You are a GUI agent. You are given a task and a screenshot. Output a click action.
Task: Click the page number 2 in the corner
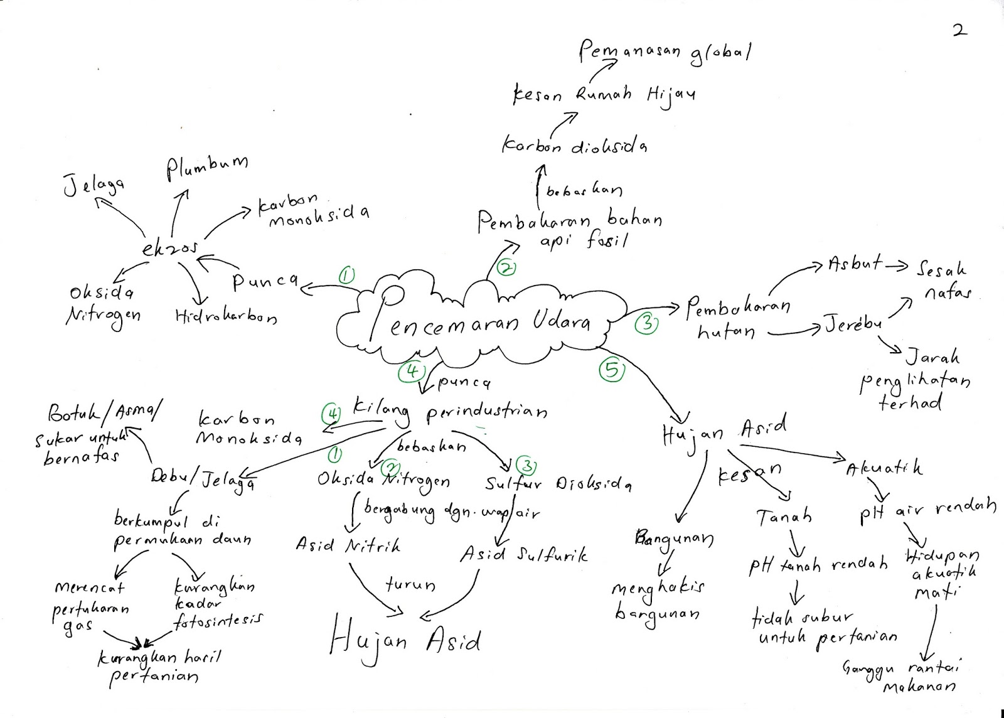959,29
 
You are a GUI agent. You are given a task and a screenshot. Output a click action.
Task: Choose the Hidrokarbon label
226,317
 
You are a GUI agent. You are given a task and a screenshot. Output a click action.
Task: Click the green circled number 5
612,370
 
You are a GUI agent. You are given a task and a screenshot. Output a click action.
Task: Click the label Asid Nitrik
347,545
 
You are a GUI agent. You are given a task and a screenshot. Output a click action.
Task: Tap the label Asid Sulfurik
524,555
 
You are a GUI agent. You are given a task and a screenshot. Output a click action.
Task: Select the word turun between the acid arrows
410,585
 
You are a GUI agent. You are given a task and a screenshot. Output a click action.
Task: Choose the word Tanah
784,517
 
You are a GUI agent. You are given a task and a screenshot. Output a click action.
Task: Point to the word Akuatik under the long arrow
884,468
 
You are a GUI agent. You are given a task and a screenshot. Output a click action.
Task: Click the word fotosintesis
216,620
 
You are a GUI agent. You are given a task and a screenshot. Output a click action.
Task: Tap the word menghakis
658,588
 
